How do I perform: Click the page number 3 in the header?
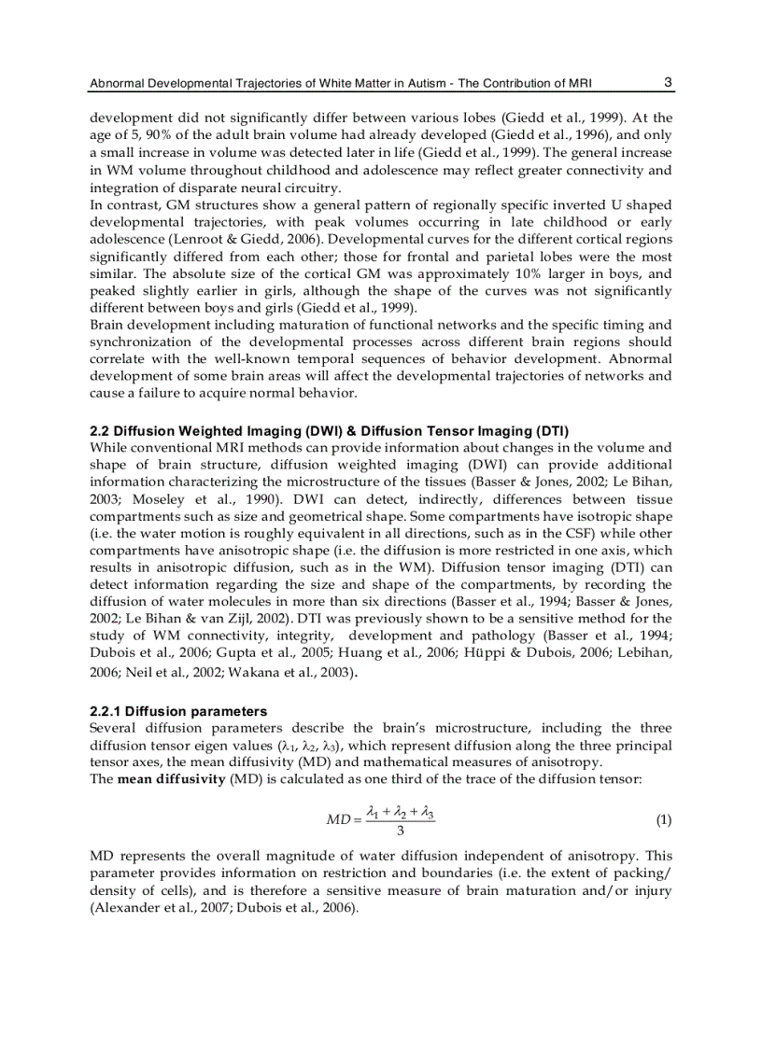click(668, 82)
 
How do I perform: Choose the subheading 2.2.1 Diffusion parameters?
click(178, 711)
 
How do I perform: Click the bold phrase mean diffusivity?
click(171, 778)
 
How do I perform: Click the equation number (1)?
click(662, 820)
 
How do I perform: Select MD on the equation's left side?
click(337, 820)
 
